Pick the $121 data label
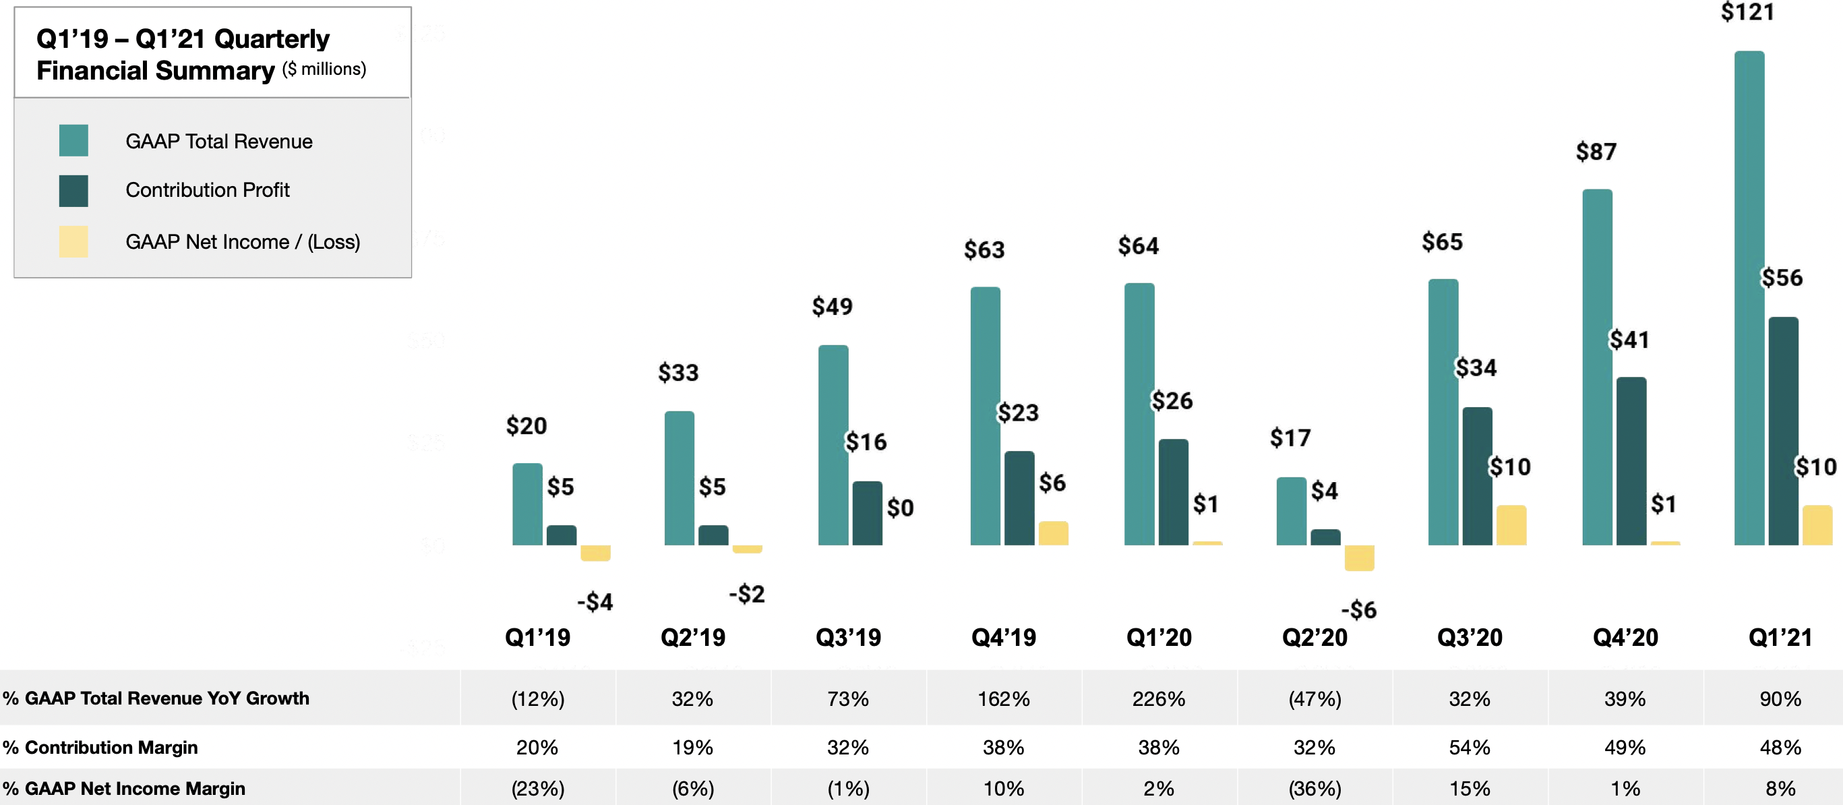[x=1747, y=12]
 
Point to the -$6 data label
[x=1358, y=609]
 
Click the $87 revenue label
[x=1596, y=152]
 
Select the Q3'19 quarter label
[x=848, y=637]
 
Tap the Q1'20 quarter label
[x=1158, y=637]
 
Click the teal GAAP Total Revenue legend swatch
[x=73, y=140]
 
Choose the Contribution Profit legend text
[x=208, y=189]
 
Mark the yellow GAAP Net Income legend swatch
[x=73, y=241]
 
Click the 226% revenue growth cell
[x=1158, y=698]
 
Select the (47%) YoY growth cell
[x=1315, y=698]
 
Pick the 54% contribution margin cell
[x=1470, y=747]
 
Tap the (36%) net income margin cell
[x=1315, y=789]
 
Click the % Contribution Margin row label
[x=100, y=747]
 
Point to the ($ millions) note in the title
[x=324, y=69]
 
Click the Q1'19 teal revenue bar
[x=527, y=504]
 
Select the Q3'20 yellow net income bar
[x=1511, y=525]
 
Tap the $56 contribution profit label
[x=1781, y=278]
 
